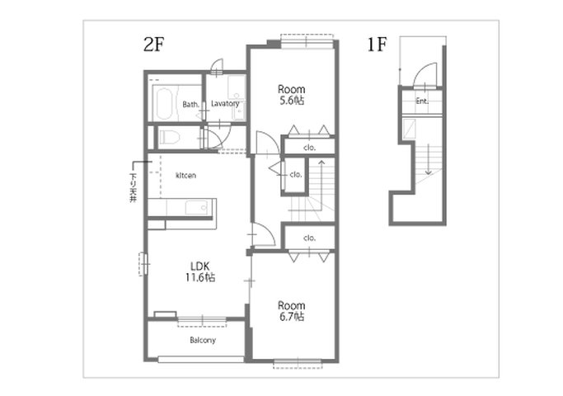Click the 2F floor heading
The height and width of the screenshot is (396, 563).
click(153, 45)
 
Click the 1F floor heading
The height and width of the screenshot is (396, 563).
click(377, 45)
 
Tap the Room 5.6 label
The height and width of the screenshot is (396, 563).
click(292, 95)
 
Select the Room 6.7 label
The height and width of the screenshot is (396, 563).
click(292, 311)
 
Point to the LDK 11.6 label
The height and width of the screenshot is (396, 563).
click(200, 271)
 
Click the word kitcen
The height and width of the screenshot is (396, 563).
click(185, 176)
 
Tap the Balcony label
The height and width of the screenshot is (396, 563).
click(203, 340)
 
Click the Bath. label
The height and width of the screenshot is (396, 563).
click(190, 105)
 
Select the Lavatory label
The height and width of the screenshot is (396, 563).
click(225, 104)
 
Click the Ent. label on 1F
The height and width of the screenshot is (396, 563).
click(422, 101)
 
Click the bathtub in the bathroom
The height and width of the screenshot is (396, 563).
click(164, 103)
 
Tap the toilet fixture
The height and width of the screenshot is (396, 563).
click(170, 137)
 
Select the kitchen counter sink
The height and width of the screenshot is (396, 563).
click(196, 208)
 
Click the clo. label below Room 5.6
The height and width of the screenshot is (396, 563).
click(309, 148)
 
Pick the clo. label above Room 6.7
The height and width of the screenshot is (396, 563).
click(309, 238)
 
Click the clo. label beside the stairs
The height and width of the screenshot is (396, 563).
click(296, 175)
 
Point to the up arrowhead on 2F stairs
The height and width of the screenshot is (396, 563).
click(321, 163)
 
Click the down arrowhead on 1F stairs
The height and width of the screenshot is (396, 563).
click(428, 172)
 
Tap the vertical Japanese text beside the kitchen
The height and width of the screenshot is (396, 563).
click(134, 187)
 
